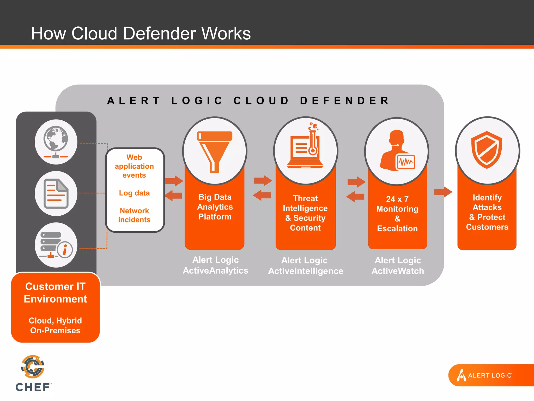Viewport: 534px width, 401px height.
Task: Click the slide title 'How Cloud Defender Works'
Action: (x=141, y=33)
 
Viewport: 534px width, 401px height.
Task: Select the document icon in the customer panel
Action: (x=56, y=193)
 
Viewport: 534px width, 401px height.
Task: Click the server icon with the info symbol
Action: (x=56, y=245)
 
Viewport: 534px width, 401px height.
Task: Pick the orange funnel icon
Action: (x=215, y=151)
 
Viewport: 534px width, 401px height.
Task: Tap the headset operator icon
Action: (x=397, y=151)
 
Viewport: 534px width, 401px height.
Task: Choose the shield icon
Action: (x=487, y=150)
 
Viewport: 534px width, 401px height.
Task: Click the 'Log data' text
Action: (x=134, y=193)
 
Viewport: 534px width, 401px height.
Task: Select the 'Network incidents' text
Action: (x=134, y=215)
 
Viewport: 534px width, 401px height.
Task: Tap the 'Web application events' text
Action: (x=134, y=166)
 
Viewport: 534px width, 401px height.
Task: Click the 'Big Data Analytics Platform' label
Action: (x=215, y=207)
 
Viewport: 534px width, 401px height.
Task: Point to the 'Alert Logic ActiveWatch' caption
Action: (x=398, y=266)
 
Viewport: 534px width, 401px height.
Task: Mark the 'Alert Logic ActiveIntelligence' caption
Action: (x=306, y=266)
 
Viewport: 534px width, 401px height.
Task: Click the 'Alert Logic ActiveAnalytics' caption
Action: (x=215, y=265)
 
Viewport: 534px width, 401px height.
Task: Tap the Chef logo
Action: (x=33, y=373)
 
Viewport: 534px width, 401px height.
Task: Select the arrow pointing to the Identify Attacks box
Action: (x=443, y=192)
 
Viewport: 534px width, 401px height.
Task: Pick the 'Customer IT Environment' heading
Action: (x=55, y=293)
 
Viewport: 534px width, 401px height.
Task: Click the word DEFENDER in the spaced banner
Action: (x=344, y=101)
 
